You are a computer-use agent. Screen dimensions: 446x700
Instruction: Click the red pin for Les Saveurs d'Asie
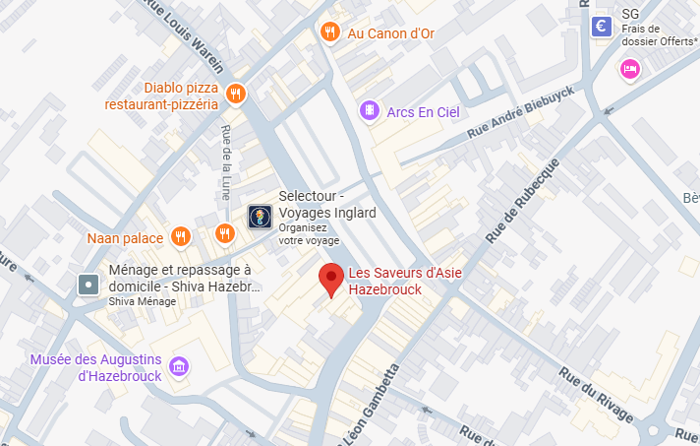point(331,280)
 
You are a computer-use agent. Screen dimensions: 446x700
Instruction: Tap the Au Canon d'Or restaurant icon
point(330,32)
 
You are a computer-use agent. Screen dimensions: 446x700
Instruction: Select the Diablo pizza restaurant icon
point(235,95)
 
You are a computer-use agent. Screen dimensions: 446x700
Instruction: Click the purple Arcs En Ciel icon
point(370,111)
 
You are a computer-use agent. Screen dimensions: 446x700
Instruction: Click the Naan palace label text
point(125,237)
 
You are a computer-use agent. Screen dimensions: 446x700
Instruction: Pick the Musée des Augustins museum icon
point(179,366)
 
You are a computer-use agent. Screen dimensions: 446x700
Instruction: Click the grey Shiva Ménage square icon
point(88,286)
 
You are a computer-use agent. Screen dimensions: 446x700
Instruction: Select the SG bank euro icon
point(602,28)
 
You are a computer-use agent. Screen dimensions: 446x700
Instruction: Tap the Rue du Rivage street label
point(595,394)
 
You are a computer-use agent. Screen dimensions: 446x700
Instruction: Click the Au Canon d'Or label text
point(391,33)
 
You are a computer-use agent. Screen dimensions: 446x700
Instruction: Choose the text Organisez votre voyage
point(309,233)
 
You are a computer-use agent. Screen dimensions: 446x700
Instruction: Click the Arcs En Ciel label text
point(424,112)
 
